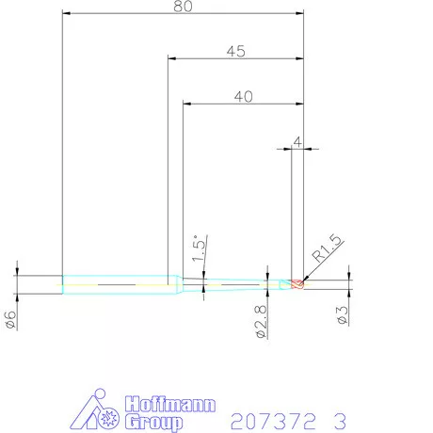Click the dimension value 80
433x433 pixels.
click(183, 7)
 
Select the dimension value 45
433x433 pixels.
click(236, 52)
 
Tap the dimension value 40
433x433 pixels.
click(243, 95)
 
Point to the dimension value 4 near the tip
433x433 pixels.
click(297, 141)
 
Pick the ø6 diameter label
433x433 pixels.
click(10, 319)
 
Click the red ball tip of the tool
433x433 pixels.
click(298, 284)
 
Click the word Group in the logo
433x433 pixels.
click(153, 422)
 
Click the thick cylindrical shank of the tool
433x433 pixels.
click(118, 284)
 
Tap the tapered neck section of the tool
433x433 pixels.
click(235, 284)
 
